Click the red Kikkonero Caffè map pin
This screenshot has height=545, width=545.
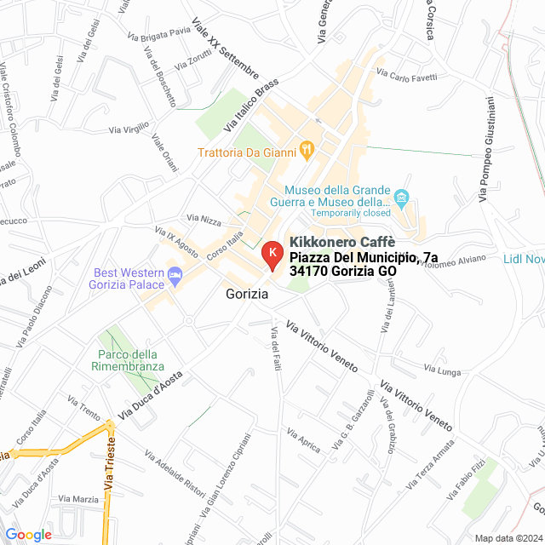point(271,255)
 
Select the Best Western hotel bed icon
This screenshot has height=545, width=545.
point(175,276)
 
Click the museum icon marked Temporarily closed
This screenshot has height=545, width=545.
point(403,197)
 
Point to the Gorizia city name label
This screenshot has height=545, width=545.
point(248,294)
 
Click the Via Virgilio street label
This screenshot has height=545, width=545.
point(129,130)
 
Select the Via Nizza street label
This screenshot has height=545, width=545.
point(204,220)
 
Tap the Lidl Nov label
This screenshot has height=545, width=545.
point(523,259)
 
